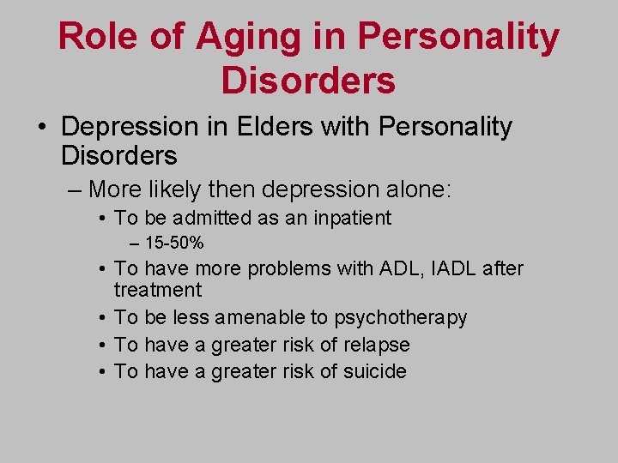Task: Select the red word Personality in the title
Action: click(458, 37)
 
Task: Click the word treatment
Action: click(158, 290)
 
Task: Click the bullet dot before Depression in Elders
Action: click(41, 128)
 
